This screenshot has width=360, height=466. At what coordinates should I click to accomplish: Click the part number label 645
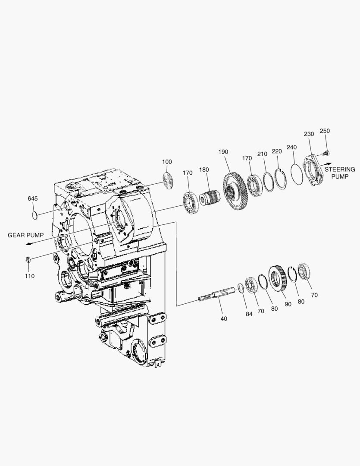pyautogui.click(x=33, y=198)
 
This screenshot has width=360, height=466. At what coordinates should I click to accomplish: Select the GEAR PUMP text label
pyautogui.click(x=25, y=235)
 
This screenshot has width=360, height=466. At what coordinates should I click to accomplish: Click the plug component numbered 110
pyautogui.click(x=28, y=260)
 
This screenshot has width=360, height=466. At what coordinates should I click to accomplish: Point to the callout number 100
pyautogui.click(x=167, y=162)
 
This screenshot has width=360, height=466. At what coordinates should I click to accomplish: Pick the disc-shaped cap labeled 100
pyautogui.click(x=168, y=179)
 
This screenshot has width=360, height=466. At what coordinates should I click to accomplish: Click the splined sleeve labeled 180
pyautogui.click(x=210, y=197)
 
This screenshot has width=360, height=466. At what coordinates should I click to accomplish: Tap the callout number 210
pyautogui.click(x=262, y=154)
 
